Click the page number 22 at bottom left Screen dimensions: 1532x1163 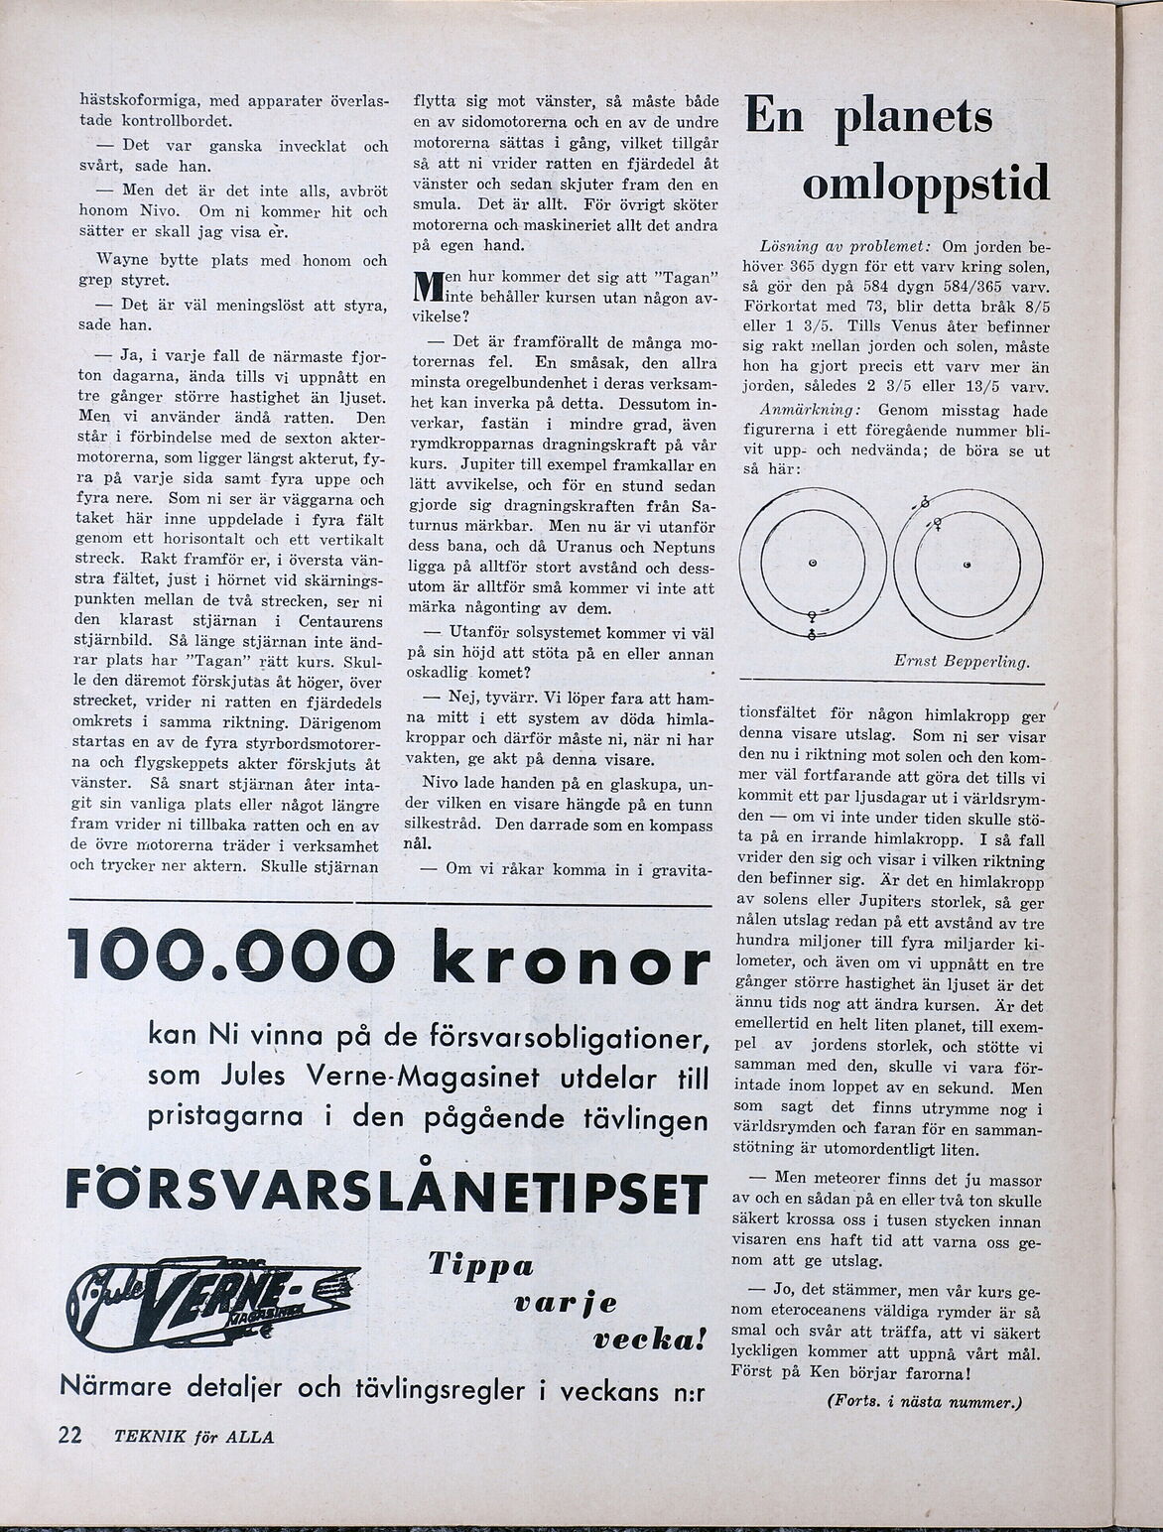[68, 1437]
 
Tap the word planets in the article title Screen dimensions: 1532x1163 [913, 118]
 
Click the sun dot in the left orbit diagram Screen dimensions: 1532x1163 [812, 564]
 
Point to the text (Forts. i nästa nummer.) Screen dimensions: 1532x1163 [923, 1402]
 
